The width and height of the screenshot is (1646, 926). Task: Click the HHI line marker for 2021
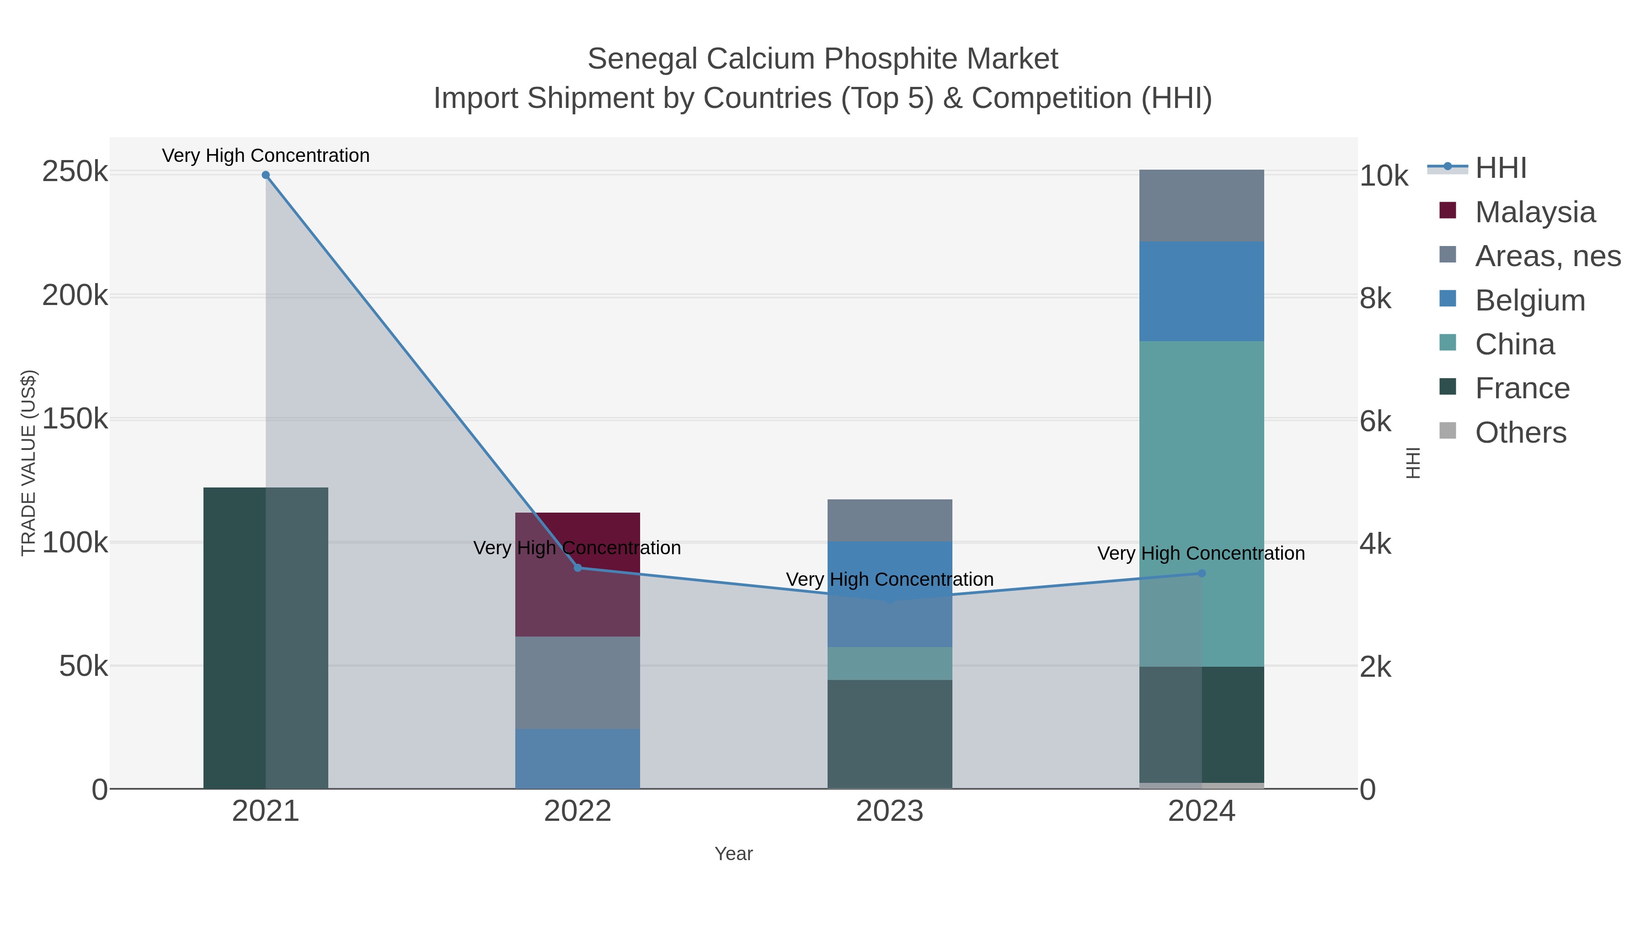point(266,175)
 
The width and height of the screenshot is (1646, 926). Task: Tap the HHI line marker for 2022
point(577,567)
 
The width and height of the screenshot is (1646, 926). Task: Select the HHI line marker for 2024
point(1201,573)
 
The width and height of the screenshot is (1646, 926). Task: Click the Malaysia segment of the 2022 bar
point(577,537)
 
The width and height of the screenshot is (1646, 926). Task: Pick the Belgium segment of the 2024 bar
point(1201,291)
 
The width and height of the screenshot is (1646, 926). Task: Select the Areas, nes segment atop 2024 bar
point(1201,206)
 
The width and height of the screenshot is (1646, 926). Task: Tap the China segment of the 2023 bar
point(889,664)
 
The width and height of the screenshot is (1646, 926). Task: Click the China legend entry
point(1514,344)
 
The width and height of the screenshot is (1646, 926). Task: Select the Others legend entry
point(1520,433)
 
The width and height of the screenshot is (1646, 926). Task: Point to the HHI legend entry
point(1500,168)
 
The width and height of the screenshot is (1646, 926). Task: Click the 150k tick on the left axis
point(75,419)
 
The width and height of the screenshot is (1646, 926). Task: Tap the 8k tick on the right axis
point(1375,299)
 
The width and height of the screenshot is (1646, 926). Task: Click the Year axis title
point(733,854)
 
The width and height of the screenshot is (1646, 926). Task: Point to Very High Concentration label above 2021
point(266,155)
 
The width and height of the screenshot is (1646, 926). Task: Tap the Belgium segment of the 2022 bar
point(577,759)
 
